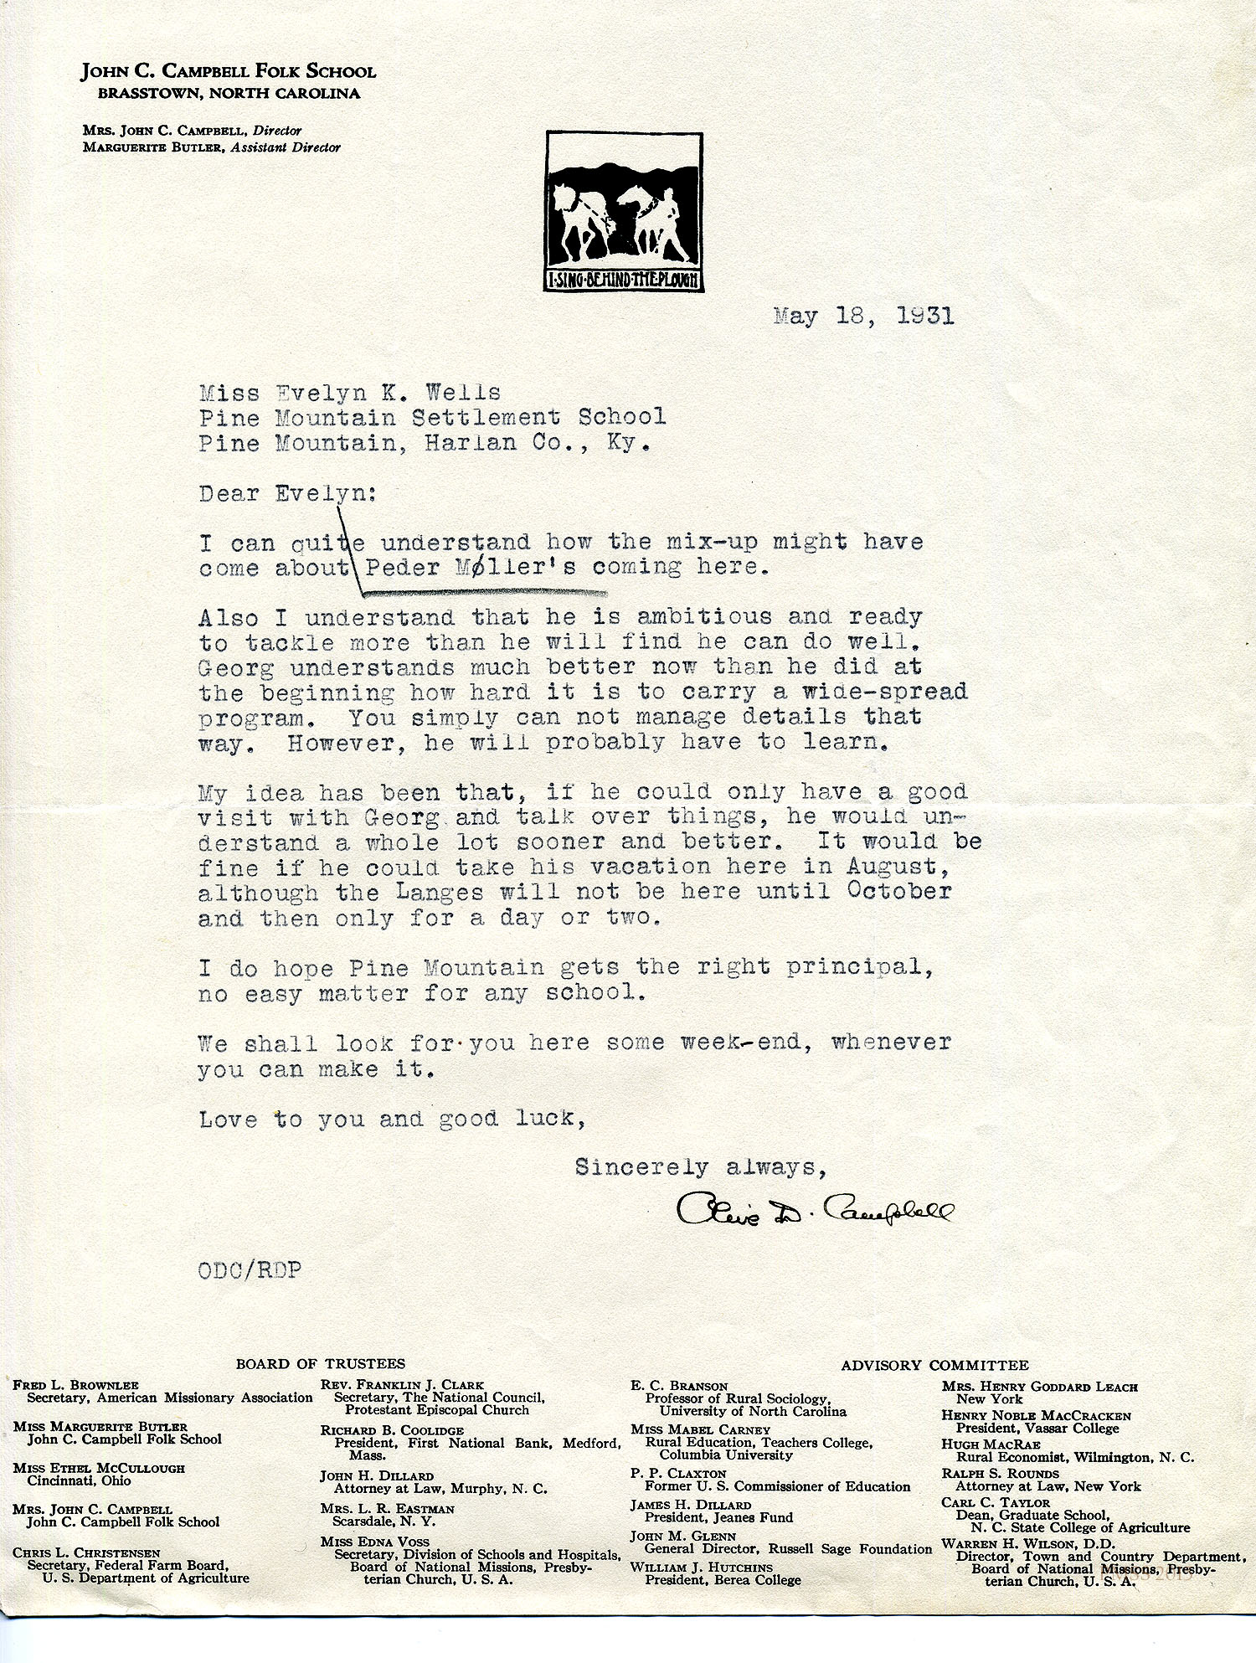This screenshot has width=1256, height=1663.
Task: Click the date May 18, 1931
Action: (x=863, y=317)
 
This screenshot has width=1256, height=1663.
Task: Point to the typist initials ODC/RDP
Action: (x=250, y=1270)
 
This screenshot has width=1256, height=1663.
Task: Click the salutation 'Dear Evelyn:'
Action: (x=287, y=493)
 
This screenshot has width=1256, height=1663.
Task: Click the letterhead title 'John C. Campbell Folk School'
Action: (x=229, y=72)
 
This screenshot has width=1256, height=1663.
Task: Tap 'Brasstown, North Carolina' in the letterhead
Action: (x=229, y=94)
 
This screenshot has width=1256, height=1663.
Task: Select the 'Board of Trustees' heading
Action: (x=320, y=1363)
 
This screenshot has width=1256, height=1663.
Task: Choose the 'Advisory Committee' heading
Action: (x=934, y=1365)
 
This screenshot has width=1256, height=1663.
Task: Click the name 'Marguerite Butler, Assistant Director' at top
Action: (x=211, y=147)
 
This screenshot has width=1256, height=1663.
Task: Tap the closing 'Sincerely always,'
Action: (x=700, y=1167)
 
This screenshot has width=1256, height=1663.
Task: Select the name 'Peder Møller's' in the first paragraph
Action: (x=470, y=568)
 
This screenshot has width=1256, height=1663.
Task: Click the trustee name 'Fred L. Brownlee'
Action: (x=75, y=1385)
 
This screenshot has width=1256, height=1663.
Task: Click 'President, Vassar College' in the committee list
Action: (x=1037, y=1429)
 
